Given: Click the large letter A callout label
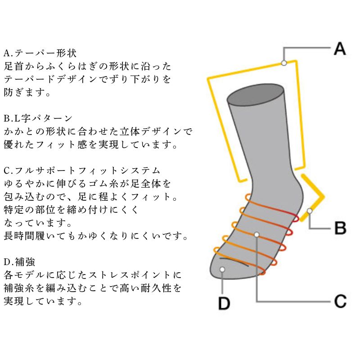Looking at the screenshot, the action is [x=340, y=49].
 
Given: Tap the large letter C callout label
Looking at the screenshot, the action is [x=340, y=301].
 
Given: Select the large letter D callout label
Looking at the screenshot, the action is [x=224, y=303].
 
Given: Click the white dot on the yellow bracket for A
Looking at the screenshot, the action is [x=284, y=63].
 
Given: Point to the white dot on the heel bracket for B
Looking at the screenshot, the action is [x=310, y=211].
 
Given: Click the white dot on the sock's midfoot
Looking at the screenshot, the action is [x=256, y=234].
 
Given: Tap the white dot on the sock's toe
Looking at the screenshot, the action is [x=222, y=269].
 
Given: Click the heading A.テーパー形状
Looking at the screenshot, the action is [x=40, y=53].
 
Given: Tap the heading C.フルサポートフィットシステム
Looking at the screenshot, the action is [x=82, y=171].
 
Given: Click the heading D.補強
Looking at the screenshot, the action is [x=19, y=262].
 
